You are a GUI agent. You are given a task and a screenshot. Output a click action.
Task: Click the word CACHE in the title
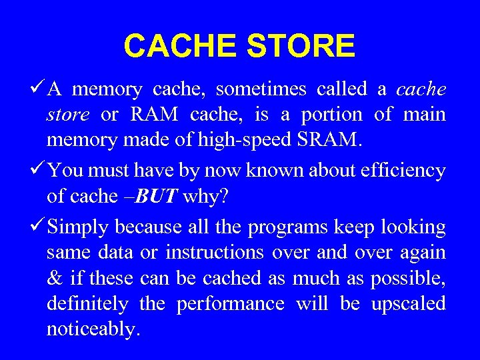tap(180, 46)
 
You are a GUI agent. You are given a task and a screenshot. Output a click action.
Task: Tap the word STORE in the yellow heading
tap(301, 46)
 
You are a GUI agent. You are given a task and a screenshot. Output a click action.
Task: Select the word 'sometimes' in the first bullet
tap(261, 89)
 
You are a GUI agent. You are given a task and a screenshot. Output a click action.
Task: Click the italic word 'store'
tap(67, 114)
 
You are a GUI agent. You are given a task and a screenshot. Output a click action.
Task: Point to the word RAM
tap(154, 114)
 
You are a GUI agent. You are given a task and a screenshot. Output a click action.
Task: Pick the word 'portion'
tap(331, 114)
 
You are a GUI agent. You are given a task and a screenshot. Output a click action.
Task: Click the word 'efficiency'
tap(402, 171)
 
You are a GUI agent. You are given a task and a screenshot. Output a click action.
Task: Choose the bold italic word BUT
tap(160, 196)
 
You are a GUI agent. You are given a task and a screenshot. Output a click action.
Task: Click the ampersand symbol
tap(54, 278)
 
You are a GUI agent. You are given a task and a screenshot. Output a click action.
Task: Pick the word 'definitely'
tap(87, 303)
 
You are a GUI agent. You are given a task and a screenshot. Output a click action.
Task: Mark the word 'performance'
tap(230, 304)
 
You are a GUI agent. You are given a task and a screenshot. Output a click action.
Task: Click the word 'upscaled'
tap(408, 304)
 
